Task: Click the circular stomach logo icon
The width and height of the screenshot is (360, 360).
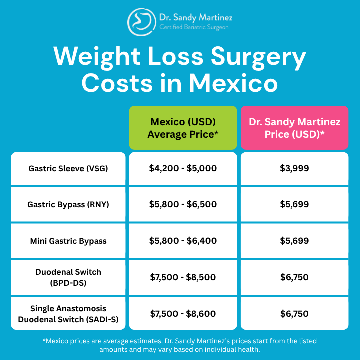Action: pos(141,22)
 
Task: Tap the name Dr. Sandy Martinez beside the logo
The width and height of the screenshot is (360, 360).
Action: pos(196,18)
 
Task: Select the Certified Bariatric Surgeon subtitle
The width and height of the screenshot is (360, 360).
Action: pos(194,28)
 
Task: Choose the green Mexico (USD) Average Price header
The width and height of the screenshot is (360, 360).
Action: pos(183,128)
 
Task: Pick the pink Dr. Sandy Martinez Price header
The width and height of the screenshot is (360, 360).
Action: pos(294,128)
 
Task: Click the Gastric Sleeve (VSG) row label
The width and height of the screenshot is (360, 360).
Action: pos(68,168)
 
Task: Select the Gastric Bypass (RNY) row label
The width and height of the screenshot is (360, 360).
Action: pos(68,204)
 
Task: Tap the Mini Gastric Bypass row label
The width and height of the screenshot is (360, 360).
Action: pos(68,241)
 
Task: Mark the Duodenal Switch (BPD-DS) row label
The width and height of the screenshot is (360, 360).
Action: pos(68,277)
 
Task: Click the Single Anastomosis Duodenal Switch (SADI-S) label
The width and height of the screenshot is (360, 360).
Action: pos(68,314)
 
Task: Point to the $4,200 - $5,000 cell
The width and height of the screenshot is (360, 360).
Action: pos(183,168)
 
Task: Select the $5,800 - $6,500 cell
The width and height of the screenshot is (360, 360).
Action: pos(183,204)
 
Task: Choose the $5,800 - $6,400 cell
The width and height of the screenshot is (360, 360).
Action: pos(183,241)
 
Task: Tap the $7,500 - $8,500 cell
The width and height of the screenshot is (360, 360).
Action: pos(183,277)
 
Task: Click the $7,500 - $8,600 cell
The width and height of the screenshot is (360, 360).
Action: pos(183,314)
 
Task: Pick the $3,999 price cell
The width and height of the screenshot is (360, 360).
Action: pos(294,168)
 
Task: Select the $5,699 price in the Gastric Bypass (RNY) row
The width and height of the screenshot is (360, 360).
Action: pos(294,204)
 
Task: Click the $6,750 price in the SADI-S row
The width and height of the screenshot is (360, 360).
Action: pos(294,314)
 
